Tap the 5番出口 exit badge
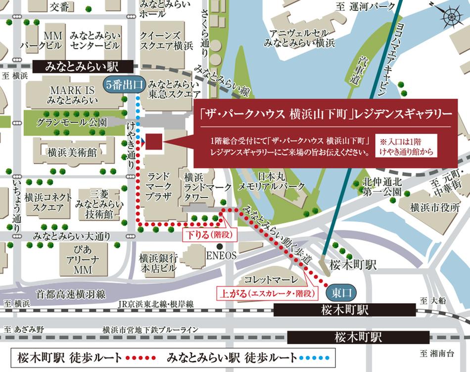125,85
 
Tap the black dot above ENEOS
224,246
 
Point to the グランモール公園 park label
71,122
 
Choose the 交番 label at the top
59,6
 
